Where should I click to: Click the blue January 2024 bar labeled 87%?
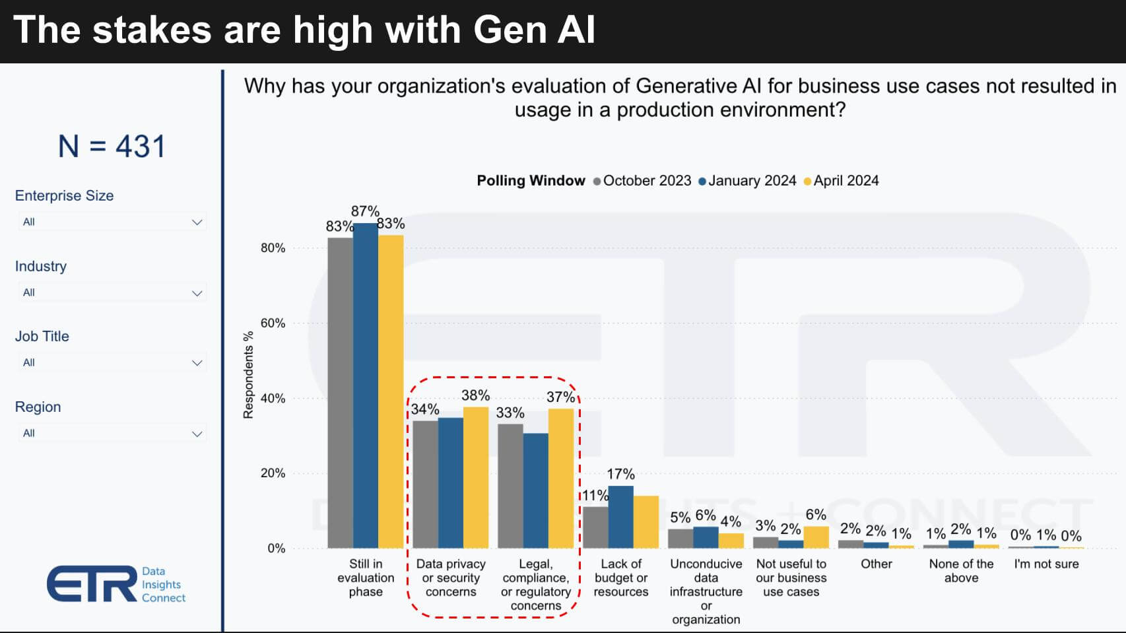[x=365, y=385]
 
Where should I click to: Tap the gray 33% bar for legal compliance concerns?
[x=510, y=486]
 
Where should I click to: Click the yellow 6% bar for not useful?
[x=816, y=537]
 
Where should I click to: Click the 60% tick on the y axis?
[x=273, y=323]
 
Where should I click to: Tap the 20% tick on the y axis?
[x=273, y=473]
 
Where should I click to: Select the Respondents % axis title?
[x=248, y=375]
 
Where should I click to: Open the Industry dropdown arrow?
[x=197, y=293]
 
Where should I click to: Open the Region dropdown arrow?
[x=197, y=434]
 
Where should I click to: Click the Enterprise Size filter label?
[x=64, y=195]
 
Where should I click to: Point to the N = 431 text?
[x=112, y=146]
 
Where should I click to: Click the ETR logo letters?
[x=91, y=583]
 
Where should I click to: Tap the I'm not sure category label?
[x=1046, y=564]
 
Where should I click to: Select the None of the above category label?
[x=961, y=570]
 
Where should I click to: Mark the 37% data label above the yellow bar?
[x=560, y=397]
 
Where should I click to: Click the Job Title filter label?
[x=42, y=336]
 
